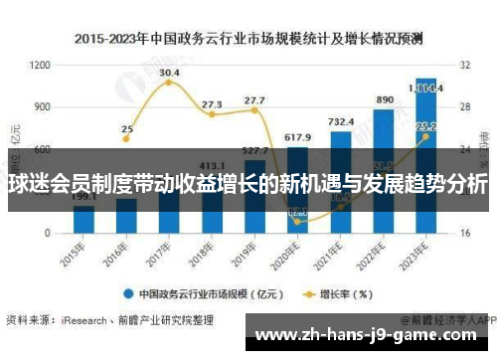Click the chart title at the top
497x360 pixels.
coord(248,40)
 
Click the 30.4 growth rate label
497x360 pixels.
coord(169,73)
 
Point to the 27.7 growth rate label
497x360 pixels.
coord(254,99)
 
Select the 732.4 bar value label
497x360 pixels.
coord(340,121)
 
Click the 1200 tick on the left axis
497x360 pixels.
coord(40,65)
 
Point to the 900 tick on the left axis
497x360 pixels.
coord(42,106)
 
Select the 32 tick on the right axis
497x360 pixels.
coord(463,65)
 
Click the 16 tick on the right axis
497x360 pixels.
coord(463,233)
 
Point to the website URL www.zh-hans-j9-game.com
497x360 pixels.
coord(373,336)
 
